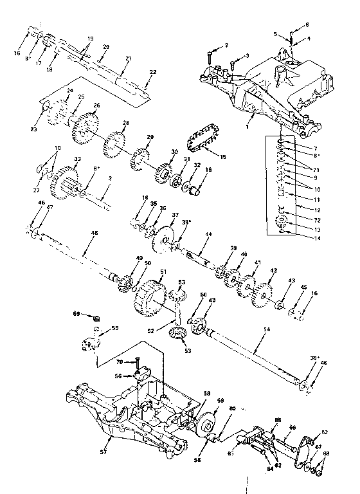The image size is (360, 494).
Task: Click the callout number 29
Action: click(150, 138)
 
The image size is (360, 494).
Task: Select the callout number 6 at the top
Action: click(307, 24)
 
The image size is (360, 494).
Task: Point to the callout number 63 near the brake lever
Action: click(324, 432)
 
